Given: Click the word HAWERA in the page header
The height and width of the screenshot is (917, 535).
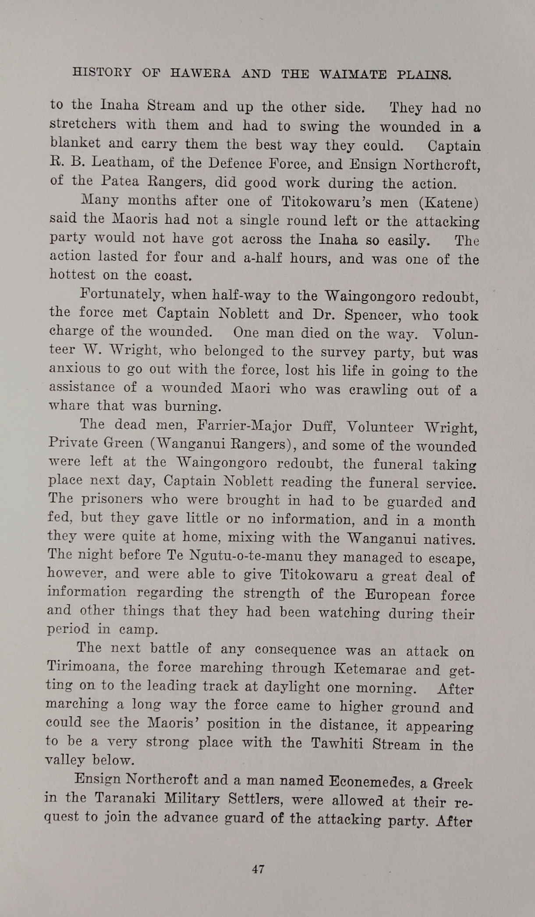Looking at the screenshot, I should click(x=200, y=73).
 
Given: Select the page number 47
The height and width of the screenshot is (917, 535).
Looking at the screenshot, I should click(x=258, y=869).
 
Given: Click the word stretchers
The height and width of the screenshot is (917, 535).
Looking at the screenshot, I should click(x=83, y=124).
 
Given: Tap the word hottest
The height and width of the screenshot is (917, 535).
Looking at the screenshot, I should click(x=72, y=275).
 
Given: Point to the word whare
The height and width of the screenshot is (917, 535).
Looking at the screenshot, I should click(x=68, y=406).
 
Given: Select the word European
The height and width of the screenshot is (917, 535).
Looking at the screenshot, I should click(x=397, y=595).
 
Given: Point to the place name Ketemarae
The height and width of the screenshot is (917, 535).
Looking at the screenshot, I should click(x=370, y=669).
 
